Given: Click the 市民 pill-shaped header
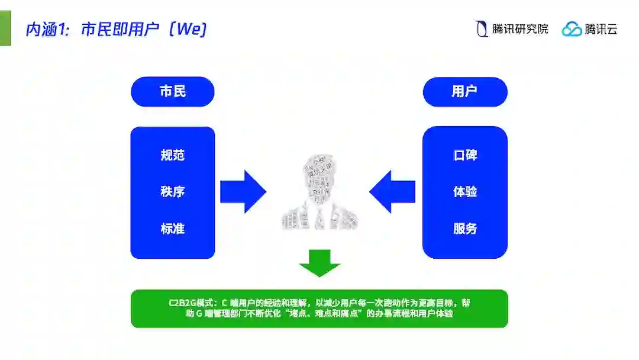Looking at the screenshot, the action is [x=172, y=92].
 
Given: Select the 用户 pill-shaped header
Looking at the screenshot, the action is [x=464, y=92].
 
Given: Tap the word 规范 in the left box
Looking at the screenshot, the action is [x=172, y=155].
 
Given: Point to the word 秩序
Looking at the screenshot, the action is [x=172, y=192].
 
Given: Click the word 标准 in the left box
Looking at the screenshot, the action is [x=172, y=229].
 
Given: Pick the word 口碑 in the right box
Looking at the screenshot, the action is [x=465, y=155].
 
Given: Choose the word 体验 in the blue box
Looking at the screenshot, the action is [x=465, y=192].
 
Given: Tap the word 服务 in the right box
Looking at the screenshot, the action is [x=465, y=229].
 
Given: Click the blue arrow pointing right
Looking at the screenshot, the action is [x=243, y=191].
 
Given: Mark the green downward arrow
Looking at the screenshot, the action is [x=319, y=263].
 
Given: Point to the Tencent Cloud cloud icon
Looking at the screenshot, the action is [x=572, y=29].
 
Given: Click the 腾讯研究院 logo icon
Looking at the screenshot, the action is [x=482, y=28].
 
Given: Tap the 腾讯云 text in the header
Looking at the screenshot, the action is [x=601, y=29].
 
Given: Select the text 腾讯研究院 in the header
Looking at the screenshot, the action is [x=520, y=29].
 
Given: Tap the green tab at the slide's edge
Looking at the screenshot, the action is [x=5, y=28].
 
